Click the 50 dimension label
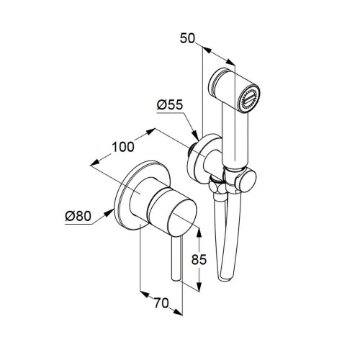click(188, 38)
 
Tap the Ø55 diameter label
click(170, 105)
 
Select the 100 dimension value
click(123, 147)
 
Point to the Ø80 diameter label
click(78, 216)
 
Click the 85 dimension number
click(199, 259)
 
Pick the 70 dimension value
click(161, 303)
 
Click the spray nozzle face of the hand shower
click(248, 99)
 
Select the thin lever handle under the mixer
click(176, 258)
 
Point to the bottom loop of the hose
click(225, 276)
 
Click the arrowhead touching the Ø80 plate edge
click(109, 213)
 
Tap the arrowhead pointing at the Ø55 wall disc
click(195, 135)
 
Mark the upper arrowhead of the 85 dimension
click(199, 233)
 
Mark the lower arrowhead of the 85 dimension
click(199, 287)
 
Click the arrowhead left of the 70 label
click(145, 294)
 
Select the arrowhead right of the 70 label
click(178, 312)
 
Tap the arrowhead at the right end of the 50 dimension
click(230, 62)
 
